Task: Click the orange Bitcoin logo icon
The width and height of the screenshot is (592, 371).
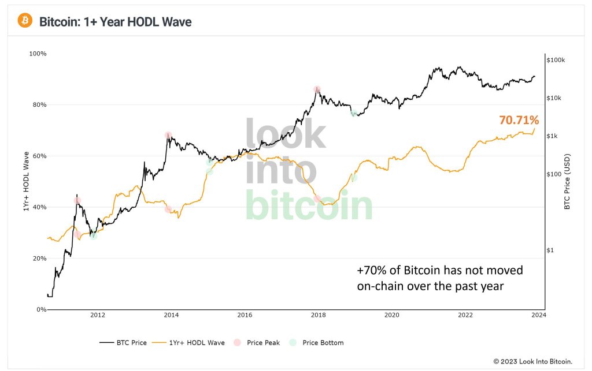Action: [x=25, y=21]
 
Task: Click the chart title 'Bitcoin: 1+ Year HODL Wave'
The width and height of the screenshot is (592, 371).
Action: [x=115, y=22]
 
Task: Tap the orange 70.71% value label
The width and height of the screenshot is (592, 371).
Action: [x=519, y=121]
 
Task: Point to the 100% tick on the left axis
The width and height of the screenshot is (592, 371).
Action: [x=38, y=54]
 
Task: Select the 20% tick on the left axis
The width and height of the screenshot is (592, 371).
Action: [x=39, y=258]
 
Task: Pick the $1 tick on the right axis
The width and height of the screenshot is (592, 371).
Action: [x=552, y=250]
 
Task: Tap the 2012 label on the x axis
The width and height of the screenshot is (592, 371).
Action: [x=97, y=315]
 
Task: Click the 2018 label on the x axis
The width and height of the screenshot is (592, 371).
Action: [x=318, y=315]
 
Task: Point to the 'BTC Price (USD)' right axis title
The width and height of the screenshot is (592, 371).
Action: [x=567, y=182]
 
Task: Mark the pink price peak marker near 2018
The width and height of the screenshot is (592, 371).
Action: [x=317, y=89]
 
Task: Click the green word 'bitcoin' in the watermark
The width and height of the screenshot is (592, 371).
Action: [x=309, y=206]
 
